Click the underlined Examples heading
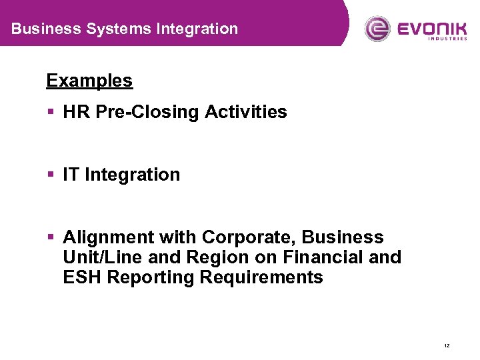click(x=89, y=81)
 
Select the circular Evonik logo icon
click(x=377, y=29)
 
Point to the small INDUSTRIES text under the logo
click(x=447, y=39)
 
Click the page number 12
click(x=446, y=345)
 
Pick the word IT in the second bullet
click(x=71, y=175)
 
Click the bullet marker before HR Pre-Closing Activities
click(x=51, y=112)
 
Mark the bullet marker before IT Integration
click(x=51, y=175)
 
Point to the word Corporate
click(x=250, y=237)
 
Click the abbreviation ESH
click(x=82, y=277)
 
